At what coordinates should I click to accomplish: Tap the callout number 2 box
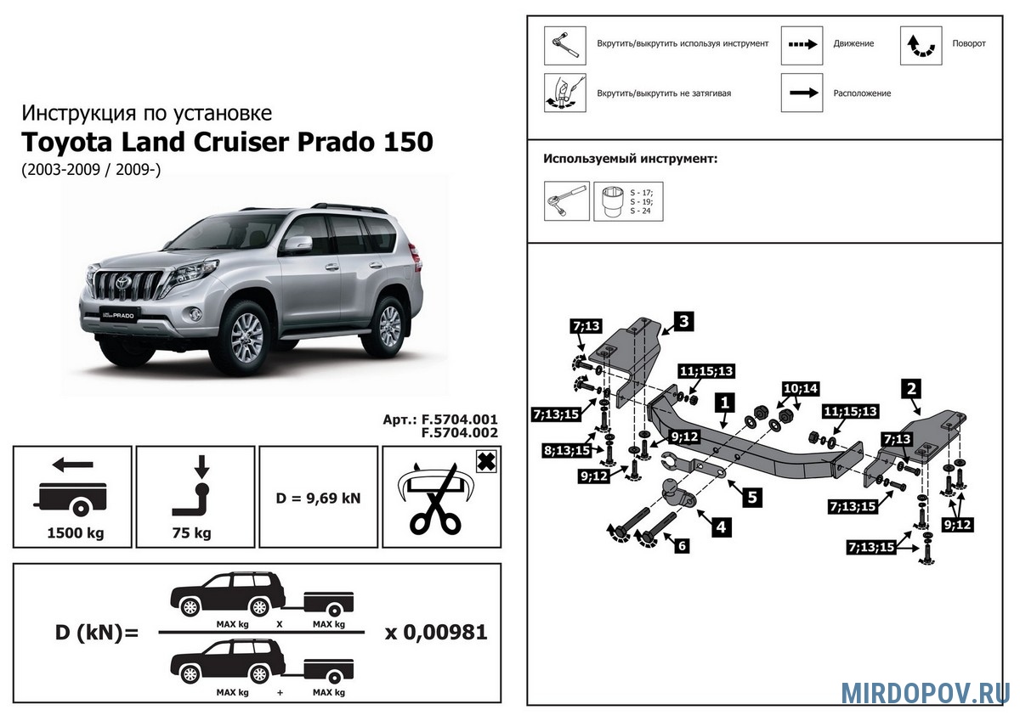[x=911, y=390]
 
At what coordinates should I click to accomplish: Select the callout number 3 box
[x=683, y=321]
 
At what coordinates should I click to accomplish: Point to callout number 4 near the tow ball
[x=720, y=527]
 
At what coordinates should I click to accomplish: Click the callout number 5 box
[x=751, y=498]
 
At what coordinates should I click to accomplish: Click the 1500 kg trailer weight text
[x=73, y=533]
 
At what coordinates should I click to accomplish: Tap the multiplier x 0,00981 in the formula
[x=436, y=633]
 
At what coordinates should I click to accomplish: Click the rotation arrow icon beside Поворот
[x=921, y=46]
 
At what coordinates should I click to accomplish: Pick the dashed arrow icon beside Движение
[x=802, y=45]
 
